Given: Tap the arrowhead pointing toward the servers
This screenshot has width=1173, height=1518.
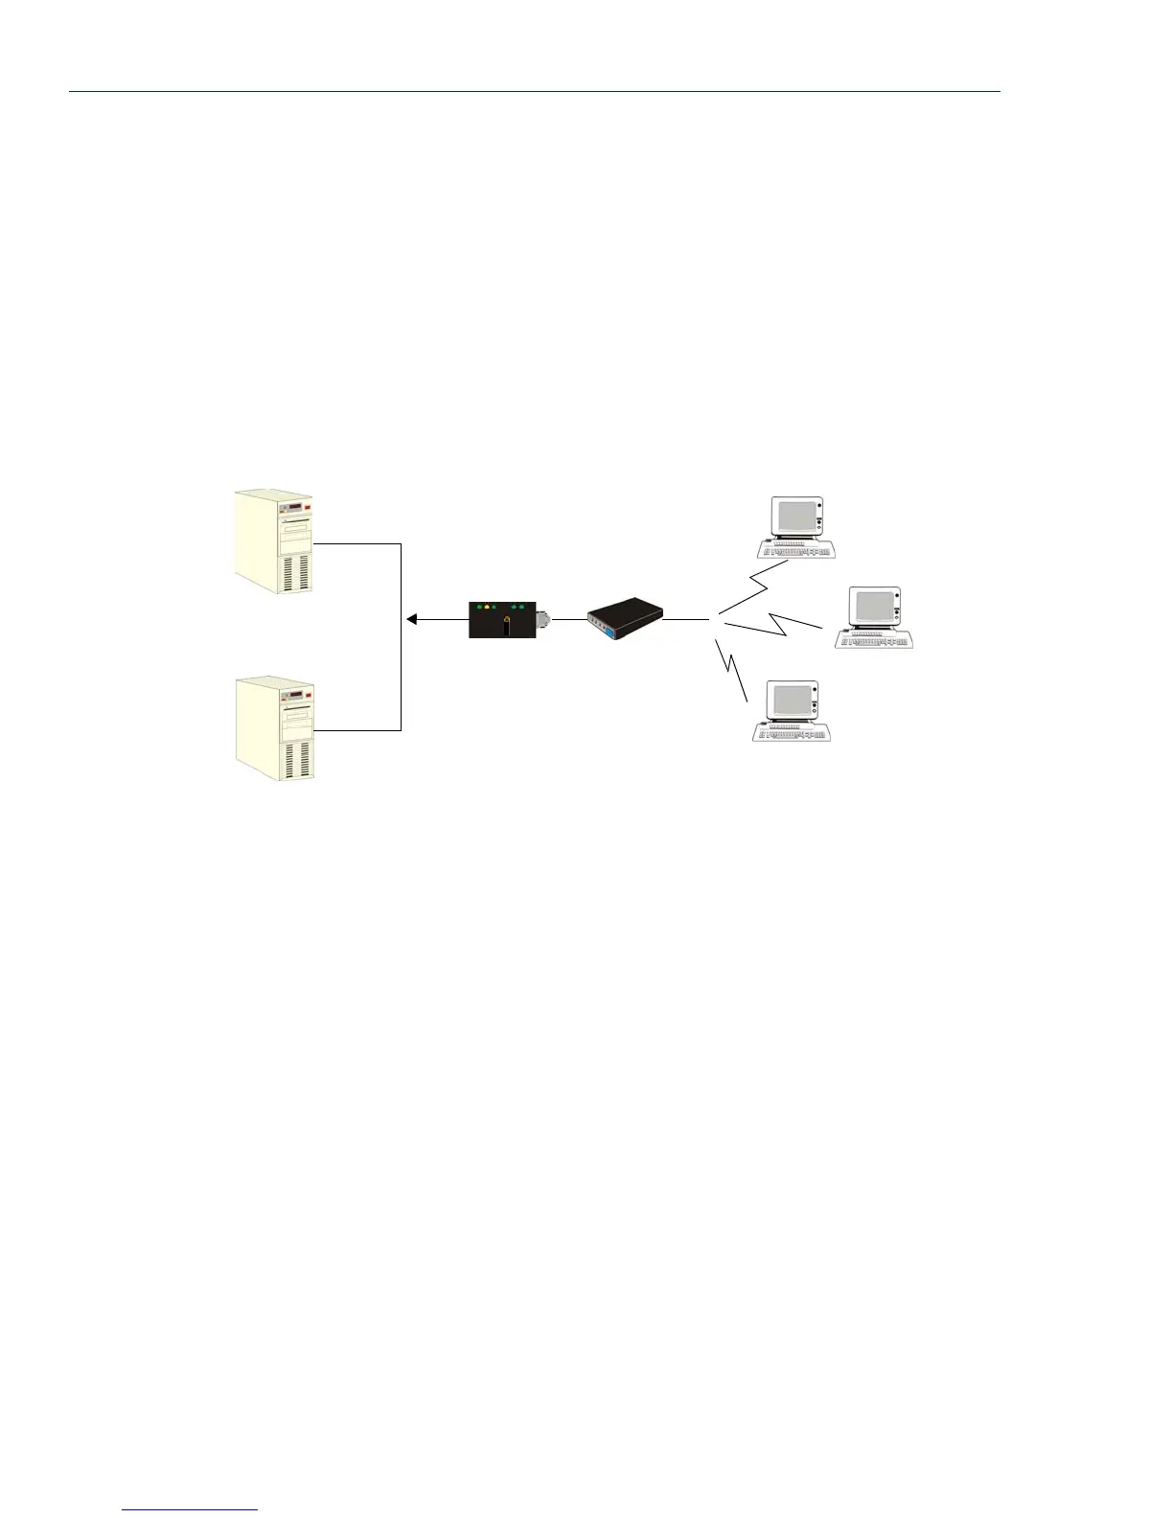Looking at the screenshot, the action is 412,620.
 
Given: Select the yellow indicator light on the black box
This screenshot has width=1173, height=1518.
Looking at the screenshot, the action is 486,608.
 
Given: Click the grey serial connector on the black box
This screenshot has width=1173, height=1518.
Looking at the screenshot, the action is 544,620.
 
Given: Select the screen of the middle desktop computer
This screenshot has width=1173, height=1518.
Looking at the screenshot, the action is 874,606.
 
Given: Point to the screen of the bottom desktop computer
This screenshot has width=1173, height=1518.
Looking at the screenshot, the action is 792,701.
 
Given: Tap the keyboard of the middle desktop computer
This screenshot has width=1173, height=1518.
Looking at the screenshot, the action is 873,639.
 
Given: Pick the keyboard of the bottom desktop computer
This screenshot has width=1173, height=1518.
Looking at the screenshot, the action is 791,733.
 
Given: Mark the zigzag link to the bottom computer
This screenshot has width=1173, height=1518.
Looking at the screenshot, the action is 732,670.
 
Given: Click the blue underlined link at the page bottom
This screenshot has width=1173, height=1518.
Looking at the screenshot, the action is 191,1509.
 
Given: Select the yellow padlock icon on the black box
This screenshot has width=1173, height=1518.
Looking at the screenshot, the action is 506,620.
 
